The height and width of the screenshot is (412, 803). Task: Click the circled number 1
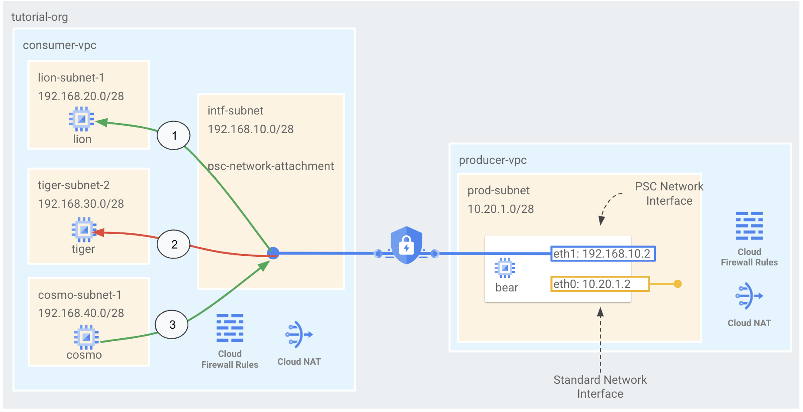[x=174, y=136]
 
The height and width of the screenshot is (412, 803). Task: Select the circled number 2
[x=174, y=245]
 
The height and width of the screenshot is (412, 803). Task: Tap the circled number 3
[x=172, y=324]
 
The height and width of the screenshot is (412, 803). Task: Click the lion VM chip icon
[x=81, y=119]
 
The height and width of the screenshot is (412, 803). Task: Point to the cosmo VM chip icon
[x=86, y=337]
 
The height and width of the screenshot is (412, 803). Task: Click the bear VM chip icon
[x=505, y=268]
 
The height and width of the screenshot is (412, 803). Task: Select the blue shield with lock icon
[x=406, y=245]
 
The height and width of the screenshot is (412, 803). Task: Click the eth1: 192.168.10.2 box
[x=602, y=254]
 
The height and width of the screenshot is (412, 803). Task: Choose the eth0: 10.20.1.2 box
[x=600, y=284]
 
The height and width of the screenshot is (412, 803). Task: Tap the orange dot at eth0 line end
[x=678, y=284]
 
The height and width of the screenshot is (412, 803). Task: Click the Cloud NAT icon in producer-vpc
[x=749, y=296]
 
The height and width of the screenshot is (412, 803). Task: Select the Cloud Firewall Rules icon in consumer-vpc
[x=230, y=328]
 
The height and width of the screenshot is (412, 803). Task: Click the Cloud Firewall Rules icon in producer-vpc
[x=749, y=226]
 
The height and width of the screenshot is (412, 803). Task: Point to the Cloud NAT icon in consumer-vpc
[x=299, y=334]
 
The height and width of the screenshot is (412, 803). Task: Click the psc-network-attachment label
[x=270, y=166]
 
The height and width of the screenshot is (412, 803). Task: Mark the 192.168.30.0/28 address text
[x=81, y=204]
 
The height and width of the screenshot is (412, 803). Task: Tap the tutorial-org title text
[x=39, y=17]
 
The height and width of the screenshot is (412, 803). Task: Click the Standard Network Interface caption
[x=600, y=386]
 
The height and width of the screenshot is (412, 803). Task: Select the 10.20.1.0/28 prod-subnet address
[x=500, y=209]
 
